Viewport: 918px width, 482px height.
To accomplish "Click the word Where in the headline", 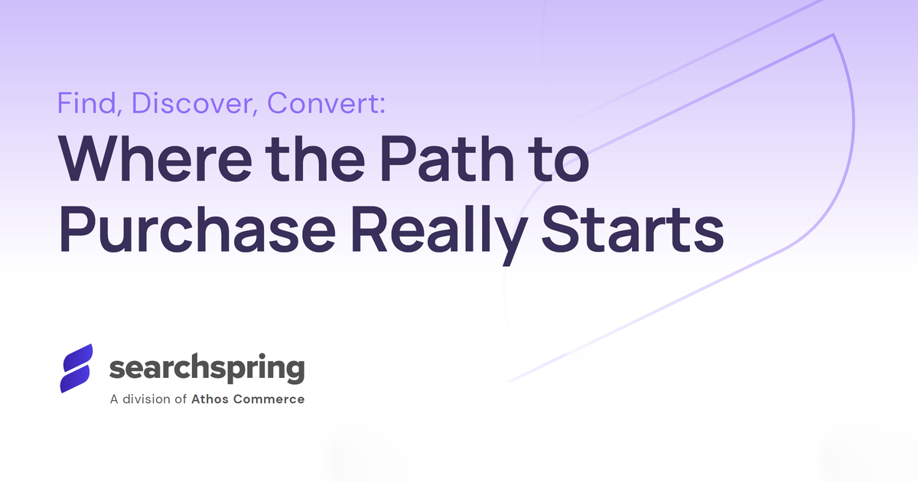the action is coord(155,158).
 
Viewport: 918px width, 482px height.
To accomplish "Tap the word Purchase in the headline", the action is coord(197,229).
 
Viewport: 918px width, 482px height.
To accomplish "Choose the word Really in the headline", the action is coord(439,234).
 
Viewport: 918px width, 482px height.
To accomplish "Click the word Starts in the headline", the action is coord(633,229).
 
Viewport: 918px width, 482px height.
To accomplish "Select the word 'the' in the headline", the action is coord(315,158).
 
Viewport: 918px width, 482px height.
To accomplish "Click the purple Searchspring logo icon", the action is coord(76,368).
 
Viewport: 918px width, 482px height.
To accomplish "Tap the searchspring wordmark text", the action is coord(207,369).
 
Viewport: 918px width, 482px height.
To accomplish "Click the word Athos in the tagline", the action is coord(210,399).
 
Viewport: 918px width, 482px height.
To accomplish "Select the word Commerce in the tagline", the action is coord(269,399).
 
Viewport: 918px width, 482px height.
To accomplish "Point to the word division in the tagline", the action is coord(146,399).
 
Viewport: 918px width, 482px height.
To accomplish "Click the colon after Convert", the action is coord(382,105).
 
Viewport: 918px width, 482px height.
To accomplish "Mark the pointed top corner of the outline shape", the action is coord(833,35).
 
